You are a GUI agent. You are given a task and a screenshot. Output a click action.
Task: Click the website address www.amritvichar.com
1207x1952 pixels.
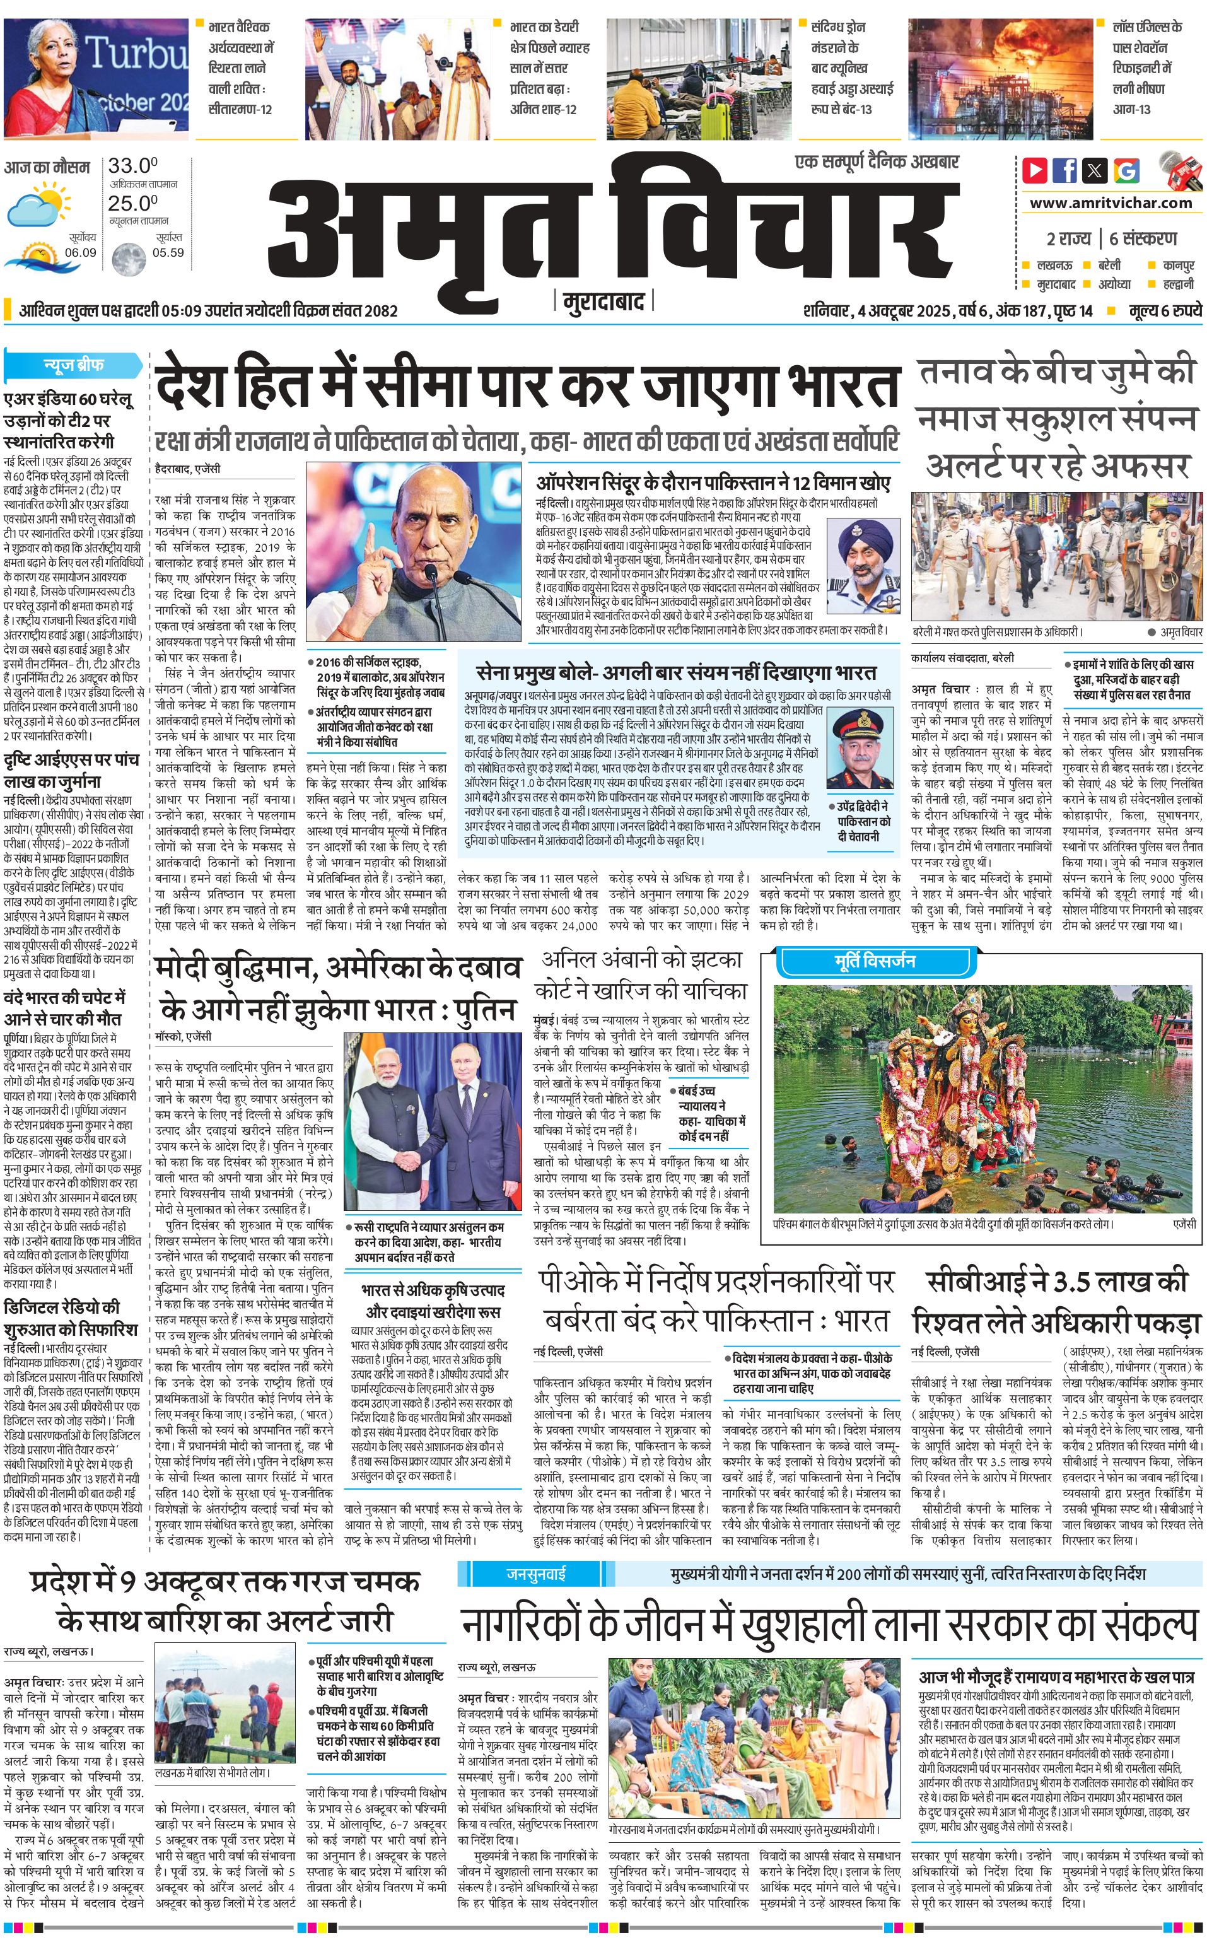[1111, 203]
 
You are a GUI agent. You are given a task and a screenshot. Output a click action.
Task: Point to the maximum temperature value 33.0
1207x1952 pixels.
[132, 166]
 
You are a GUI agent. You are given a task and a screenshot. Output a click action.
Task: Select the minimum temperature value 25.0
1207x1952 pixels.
[132, 204]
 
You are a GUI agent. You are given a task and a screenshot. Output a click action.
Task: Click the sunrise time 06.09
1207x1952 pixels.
[81, 253]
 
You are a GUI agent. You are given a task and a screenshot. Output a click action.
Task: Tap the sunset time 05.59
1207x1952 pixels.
[168, 253]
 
